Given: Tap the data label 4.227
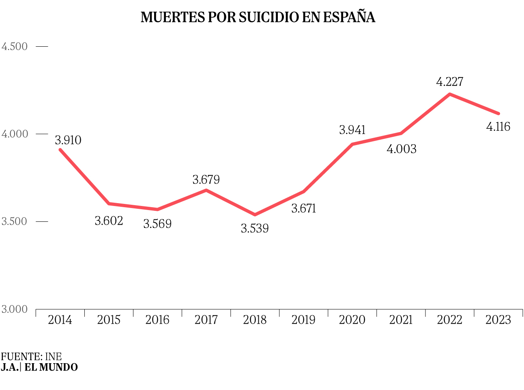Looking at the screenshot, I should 449,82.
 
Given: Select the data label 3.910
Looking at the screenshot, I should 68,141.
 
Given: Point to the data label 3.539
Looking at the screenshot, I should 255,229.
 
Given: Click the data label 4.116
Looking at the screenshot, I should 498,127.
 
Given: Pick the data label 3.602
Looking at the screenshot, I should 109,221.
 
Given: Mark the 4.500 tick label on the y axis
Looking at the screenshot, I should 15,46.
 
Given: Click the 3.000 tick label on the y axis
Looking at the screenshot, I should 15,310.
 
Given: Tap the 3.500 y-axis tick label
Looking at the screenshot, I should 15,222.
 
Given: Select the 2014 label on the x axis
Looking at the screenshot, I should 60,320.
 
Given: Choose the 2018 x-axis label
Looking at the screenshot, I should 255,320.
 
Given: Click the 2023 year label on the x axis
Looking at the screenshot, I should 498,320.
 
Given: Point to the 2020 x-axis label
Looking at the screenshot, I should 352,320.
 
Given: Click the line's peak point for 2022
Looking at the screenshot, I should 449,94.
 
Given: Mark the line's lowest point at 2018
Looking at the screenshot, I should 255,214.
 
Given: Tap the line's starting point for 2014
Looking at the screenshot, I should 60,149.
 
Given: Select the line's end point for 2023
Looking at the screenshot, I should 498,113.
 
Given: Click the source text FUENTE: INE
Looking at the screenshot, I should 31,357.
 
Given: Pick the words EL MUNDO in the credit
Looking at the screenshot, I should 51,367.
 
